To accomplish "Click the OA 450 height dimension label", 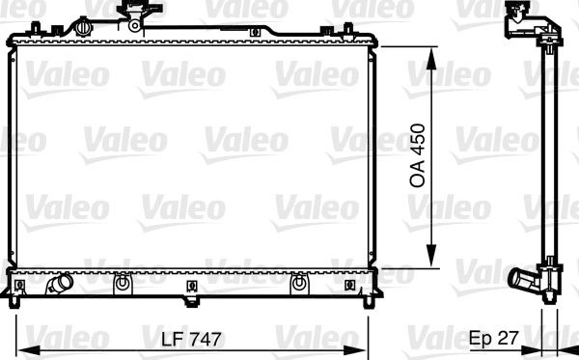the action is [418, 155].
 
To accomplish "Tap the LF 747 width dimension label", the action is [191, 339].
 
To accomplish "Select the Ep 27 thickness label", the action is [494, 338].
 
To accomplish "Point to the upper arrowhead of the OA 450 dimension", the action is [431, 58].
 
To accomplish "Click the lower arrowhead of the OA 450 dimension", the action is [431, 256].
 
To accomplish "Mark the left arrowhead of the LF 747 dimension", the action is [29, 349].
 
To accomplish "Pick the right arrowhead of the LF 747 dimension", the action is [355, 349].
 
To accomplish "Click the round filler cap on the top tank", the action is [84, 27].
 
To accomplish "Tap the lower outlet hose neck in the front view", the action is [60, 284].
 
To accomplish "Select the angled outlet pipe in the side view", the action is [522, 280].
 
